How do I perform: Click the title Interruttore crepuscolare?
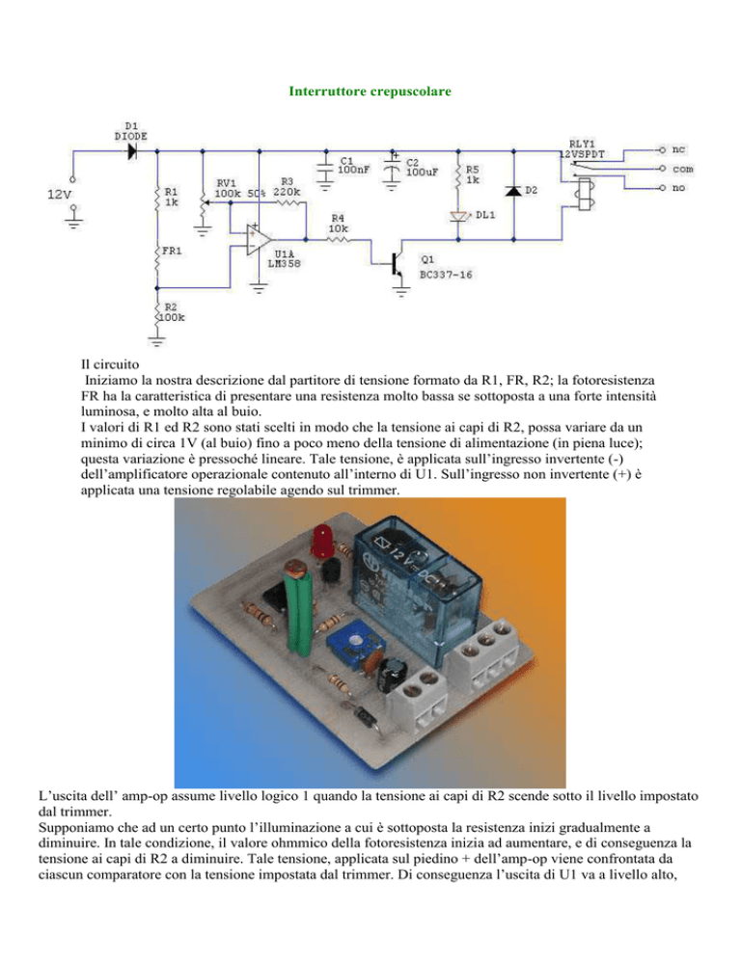tap(370, 91)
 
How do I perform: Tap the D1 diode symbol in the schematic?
tap(131, 151)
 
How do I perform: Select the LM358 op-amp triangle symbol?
tap(259, 239)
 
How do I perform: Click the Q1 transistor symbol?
tap(398, 263)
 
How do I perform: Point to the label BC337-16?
tap(446, 275)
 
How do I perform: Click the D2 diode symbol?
tap(512, 191)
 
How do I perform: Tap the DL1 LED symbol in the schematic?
tap(458, 216)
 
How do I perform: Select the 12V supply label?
tap(60, 195)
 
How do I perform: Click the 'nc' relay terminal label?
tap(678, 149)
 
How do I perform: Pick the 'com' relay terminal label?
tap(683, 169)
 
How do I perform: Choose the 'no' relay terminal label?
tap(678, 188)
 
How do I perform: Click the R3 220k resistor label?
tap(287, 186)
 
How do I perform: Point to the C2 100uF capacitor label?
tap(422, 167)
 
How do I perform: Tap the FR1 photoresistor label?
tap(172, 251)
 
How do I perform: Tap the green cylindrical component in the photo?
tap(298, 617)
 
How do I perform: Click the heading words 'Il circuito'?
tap(110, 364)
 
